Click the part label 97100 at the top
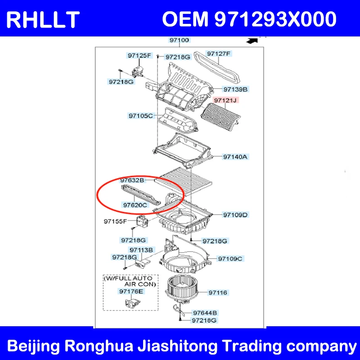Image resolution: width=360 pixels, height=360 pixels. [x=179, y=40]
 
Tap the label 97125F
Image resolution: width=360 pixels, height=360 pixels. [x=139, y=55]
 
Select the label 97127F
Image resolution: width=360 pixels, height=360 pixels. [x=218, y=54]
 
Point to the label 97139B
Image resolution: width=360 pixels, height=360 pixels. [x=235, y=89]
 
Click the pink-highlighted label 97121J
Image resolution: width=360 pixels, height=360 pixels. [x=225, y=100]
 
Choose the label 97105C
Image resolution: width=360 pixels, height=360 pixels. [x=140, y=116]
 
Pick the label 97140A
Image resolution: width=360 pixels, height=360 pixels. [x=235, y=157]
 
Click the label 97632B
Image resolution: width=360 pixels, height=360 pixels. [x=132, y=180]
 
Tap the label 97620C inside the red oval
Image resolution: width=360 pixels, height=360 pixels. [x=135, y=205]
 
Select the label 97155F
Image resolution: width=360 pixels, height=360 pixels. [x=115, y=221]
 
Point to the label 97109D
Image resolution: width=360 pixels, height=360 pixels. [x=235, y=215]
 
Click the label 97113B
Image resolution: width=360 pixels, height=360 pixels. [x=141, y=250]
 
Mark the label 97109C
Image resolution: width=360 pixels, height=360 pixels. [x=230, y=259]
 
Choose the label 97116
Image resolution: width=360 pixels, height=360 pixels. [x=218, y=293]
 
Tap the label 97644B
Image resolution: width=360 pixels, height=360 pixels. [x=205, y=313]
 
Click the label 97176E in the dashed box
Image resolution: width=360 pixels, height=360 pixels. [x=131, y=291]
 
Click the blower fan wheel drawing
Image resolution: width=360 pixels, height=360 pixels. [x=181, y=289]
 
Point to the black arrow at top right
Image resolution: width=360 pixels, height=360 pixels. [x=252, y=41]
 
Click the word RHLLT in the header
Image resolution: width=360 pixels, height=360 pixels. [x=43, y=20]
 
